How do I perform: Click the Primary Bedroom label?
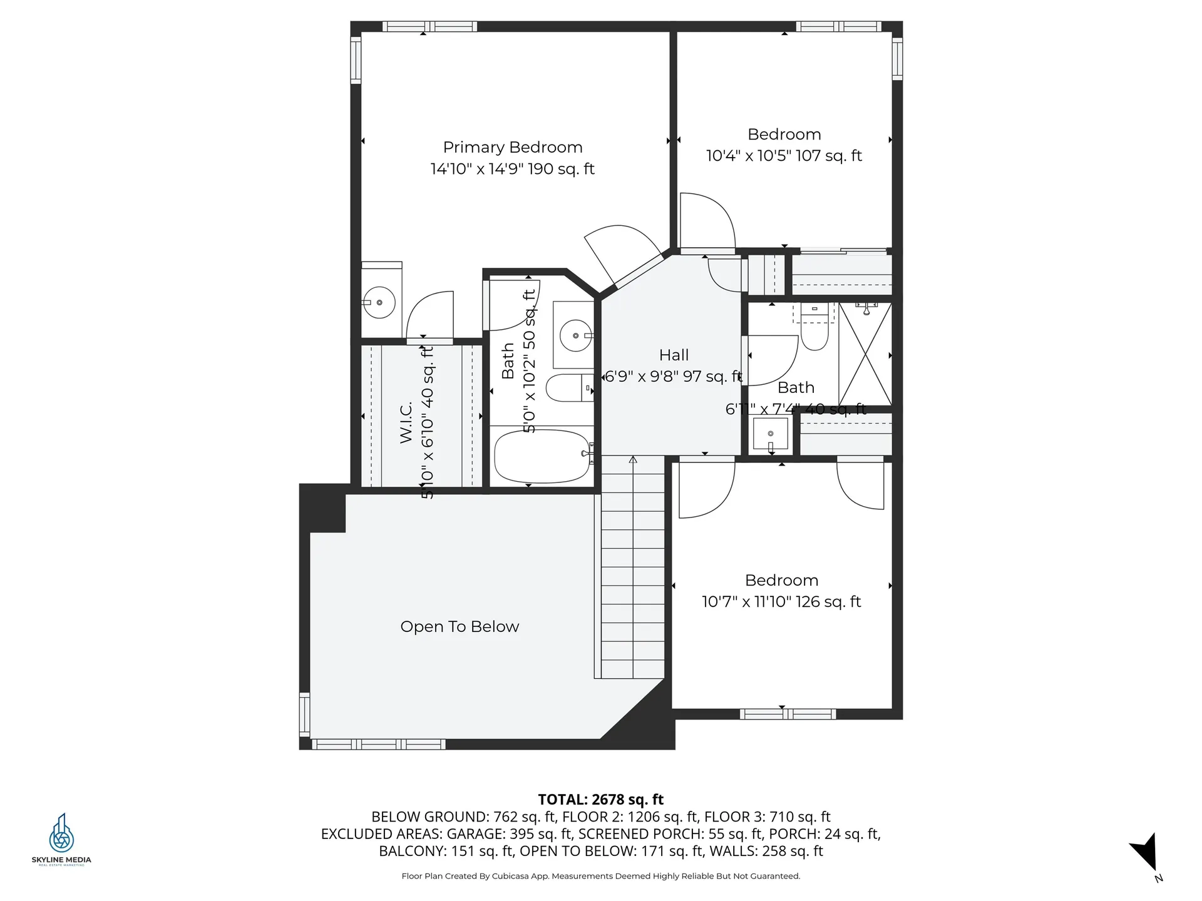click(513, 147)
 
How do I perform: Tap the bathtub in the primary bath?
click(542, 456)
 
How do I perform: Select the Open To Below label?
click(460, 626)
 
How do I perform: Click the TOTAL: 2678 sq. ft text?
click(600, 799)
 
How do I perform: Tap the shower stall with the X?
click(865, 354)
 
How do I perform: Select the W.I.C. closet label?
click(406, 423)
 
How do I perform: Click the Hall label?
click(674, 355)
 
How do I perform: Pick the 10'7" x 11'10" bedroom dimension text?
click(781, 601)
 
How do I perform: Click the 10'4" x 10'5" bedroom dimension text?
click(784, 155)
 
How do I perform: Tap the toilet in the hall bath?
click(814, 332)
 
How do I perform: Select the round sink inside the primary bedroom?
click(379, 302)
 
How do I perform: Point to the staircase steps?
click(632, 569)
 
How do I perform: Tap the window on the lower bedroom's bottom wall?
click(787, 714)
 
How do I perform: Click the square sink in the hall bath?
click(770, 434)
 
